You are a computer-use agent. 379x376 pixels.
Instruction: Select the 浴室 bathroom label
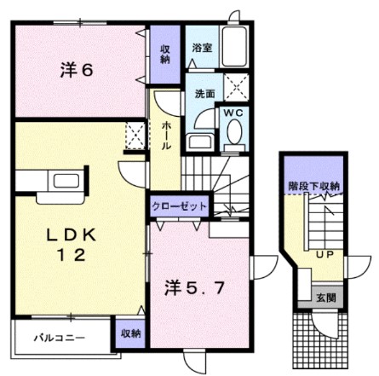[x=202, y=49]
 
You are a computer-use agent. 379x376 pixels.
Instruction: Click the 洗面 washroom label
[x=203, y=93]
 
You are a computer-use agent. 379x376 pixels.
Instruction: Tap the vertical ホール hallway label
[x=166, y=135]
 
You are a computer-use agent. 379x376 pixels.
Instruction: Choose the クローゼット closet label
[x=180, y=206]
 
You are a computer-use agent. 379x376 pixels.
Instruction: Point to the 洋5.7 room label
[x=195, y=286]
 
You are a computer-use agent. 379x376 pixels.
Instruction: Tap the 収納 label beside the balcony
[x=129, y=333]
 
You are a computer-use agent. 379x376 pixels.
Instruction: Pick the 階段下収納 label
[x=314, y=185]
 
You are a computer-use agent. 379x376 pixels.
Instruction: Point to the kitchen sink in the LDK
[x=65, y=180]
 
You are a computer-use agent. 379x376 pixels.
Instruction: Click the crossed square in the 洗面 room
[x=234, y=85]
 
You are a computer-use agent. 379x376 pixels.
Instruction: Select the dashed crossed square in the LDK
[x=134, y=135]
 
